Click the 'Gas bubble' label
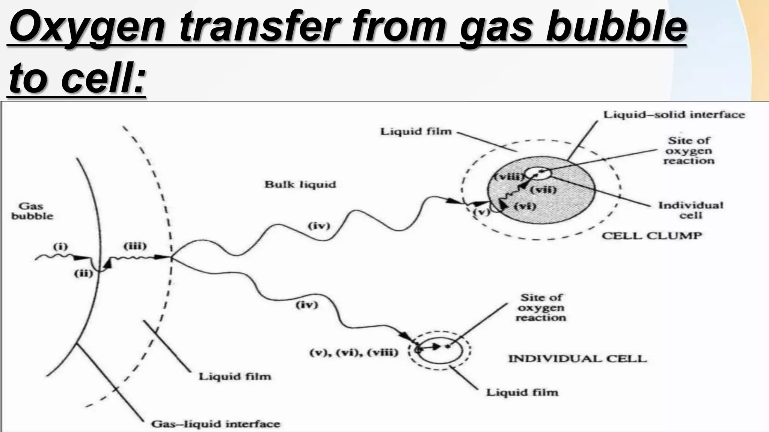coord(32,211)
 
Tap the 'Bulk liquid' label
coord(300,184)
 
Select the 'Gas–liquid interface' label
coord(216,424)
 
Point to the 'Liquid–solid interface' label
coord(674,115)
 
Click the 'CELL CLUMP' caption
coord(652,235)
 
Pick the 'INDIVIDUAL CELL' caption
coord(578,358)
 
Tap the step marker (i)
coord(60,247)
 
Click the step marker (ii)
coord(83,274)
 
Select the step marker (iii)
coord(135,246)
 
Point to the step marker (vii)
coord(543,190)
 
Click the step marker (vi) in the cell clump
coord(525,206)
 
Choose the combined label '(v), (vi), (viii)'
coord(353,353)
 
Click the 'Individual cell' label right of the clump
coord(691,210)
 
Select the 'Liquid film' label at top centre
coord(416,132)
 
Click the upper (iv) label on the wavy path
coord(319,226)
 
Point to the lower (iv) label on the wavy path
coord(307,305)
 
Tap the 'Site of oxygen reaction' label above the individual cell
coord(541,307)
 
